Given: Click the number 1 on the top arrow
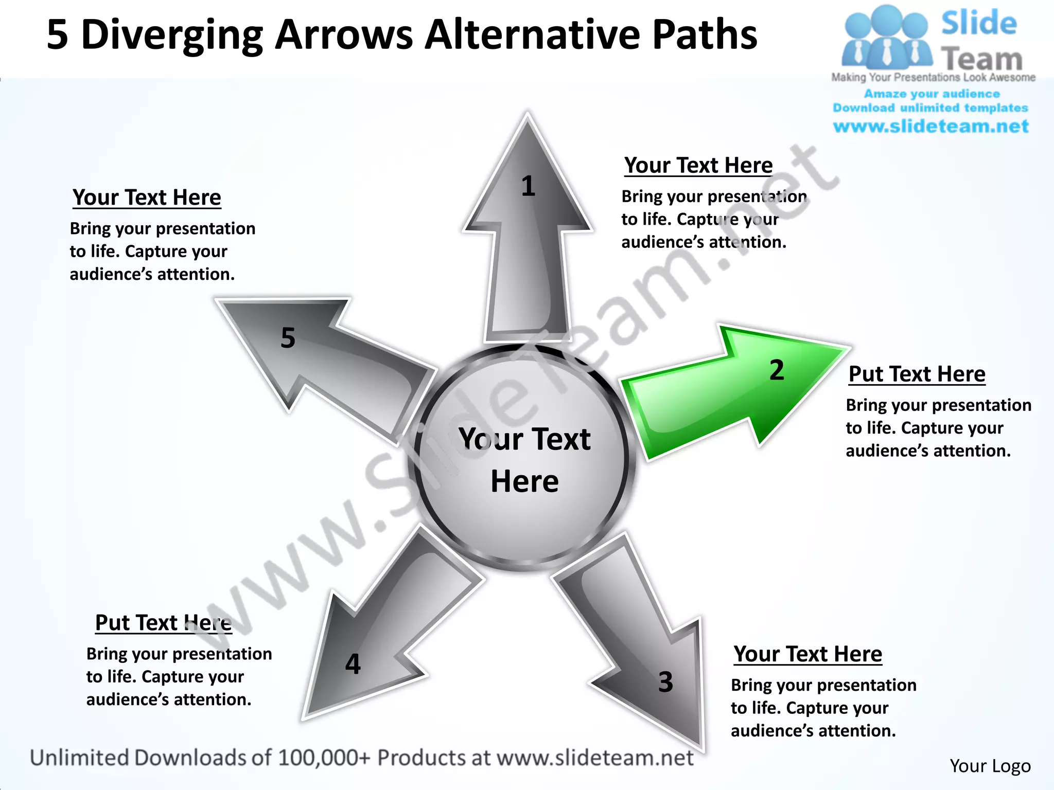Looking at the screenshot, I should click(528, 186).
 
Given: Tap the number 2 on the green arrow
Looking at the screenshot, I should click(777, 370).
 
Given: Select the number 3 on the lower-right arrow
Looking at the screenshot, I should click(665, 682).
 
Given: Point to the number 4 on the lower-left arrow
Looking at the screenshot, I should click(353, 664).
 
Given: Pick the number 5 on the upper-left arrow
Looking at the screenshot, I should click(288, 338).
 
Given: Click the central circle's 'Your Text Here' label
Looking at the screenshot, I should click(524, 460).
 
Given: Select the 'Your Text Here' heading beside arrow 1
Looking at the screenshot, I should click(698, 166).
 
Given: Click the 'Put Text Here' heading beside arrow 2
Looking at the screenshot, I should click(917, 374).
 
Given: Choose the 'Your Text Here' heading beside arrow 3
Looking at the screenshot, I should click(807, 654).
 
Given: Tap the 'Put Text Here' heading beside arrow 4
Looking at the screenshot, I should click(163, 623).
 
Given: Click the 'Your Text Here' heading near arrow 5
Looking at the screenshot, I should click(147, 197).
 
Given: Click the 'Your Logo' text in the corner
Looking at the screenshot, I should click(990, 766).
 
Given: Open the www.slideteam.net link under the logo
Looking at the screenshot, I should click(930, 127).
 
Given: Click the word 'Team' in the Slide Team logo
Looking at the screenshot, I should click(982, 59).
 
